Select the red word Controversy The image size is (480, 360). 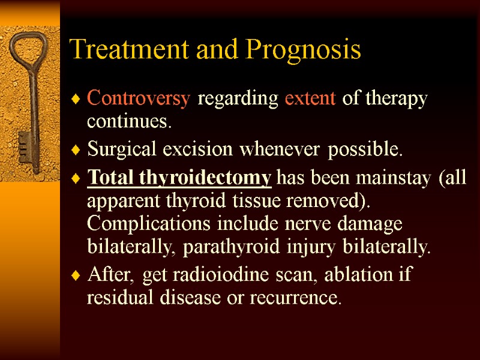point(139,99)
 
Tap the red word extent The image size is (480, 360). point(310,99)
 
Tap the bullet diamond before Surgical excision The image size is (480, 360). point(75,151)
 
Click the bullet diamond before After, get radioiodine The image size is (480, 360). point(75,276)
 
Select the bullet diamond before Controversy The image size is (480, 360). point(75,100)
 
